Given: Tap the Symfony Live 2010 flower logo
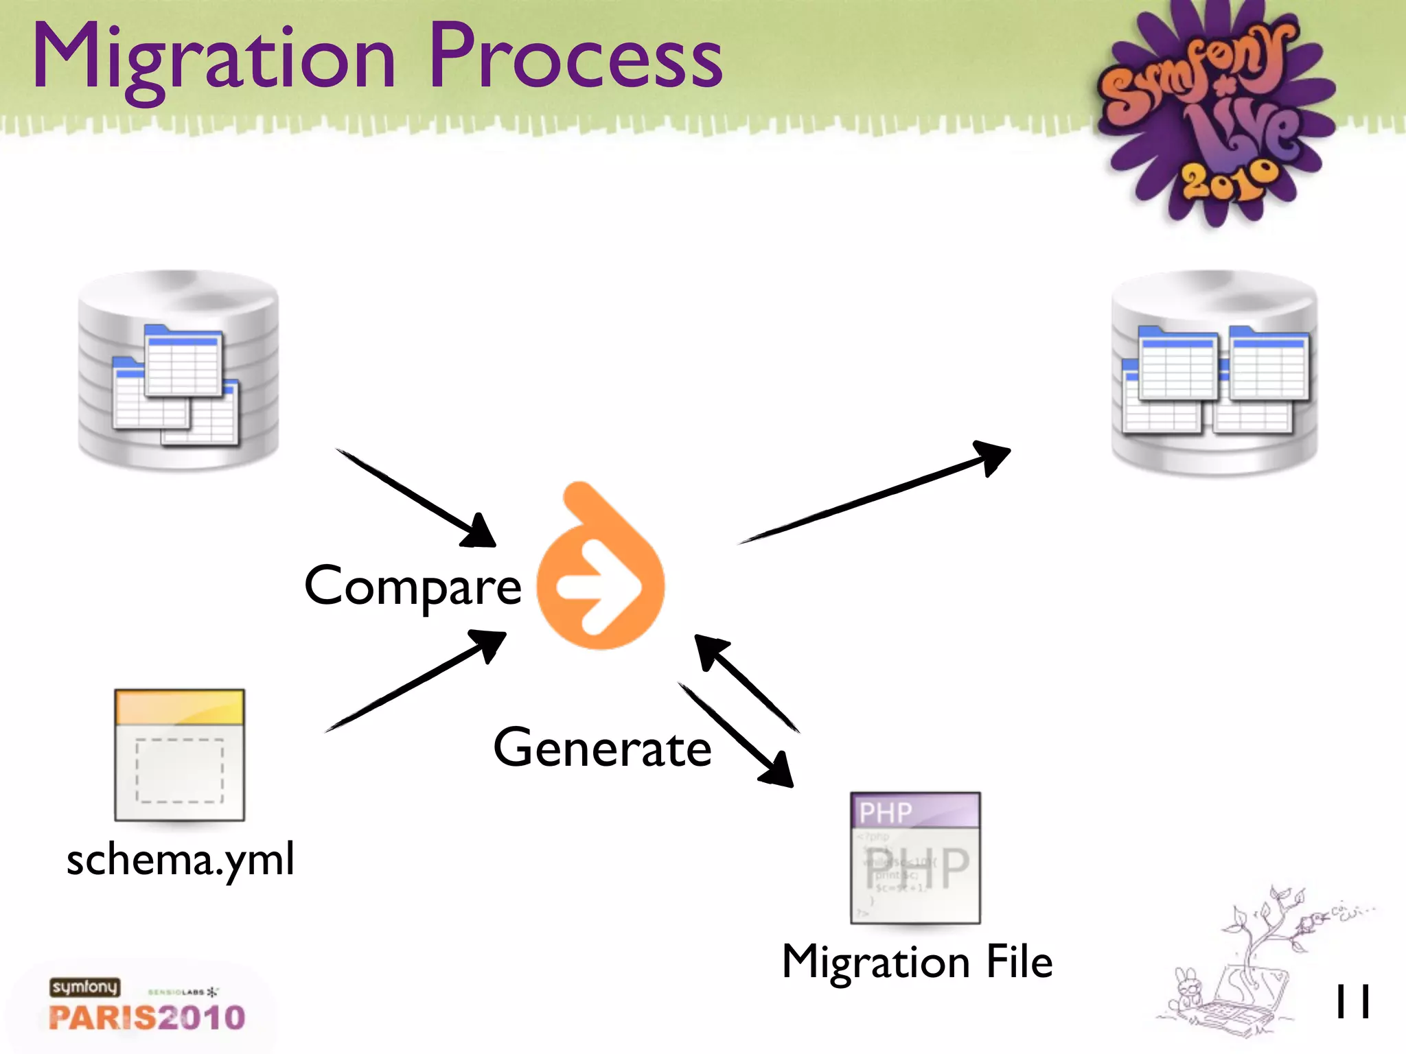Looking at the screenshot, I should tap(1212, 113).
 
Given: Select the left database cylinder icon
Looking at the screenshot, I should tap(178, 371).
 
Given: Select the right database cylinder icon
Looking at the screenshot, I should tap(1214, 374).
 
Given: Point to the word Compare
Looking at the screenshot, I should tap(413, 587).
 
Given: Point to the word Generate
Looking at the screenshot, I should tap(602, 748).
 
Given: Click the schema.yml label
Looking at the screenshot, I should tap(181, 859).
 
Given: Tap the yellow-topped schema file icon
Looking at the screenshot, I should tap(179, 755).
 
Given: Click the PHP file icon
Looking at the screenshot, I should tap(915, 858).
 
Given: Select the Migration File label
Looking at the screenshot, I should tap(917, 962).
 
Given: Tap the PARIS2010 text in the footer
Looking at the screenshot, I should tap(147, 1018).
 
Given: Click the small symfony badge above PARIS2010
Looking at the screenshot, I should tap(84, 987).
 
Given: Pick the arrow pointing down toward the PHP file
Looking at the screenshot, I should tap(735, 734).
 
